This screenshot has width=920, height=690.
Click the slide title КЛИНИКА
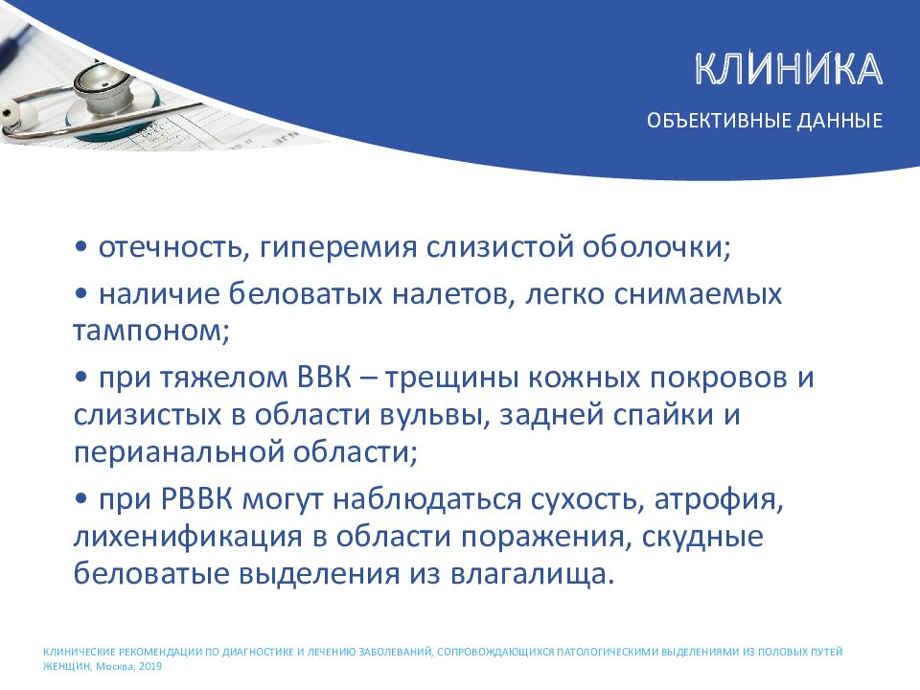pos(789,69)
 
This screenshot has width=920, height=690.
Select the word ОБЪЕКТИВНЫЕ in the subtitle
pos(719,121)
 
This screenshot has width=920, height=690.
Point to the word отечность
pos(171,247)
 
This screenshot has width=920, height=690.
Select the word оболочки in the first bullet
pos(656,247)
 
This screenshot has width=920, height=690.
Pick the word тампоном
pos(150,331)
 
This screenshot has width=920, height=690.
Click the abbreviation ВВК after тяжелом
pos(325,378)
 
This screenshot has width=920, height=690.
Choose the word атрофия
pos(719,500)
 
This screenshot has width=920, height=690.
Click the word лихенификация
pos(188,538)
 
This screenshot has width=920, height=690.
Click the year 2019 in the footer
pos(150,667)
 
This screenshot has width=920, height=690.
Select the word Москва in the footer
pos(115,667)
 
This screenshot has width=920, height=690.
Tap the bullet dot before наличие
pos(80,294)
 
